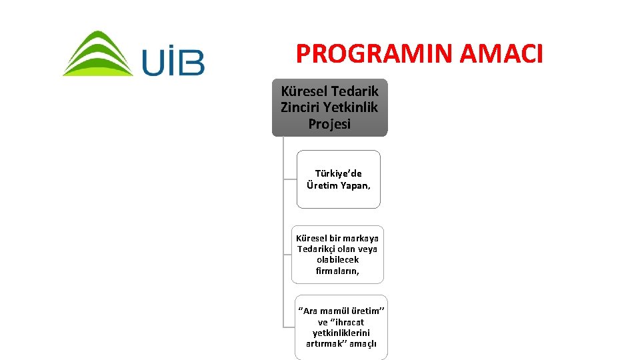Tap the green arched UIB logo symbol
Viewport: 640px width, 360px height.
point(97,54)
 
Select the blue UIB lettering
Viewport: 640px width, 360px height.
point(173,60)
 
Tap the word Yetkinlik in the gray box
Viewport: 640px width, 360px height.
point(353,107)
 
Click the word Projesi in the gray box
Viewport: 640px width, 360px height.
point(329,124)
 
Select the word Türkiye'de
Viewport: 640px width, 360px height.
point(339,173)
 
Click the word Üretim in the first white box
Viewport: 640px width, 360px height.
point(321,185)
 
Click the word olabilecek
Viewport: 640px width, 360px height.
point(338,260)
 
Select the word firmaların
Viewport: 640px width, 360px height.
point(338,271)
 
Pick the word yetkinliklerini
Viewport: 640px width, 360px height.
point(341,333)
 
